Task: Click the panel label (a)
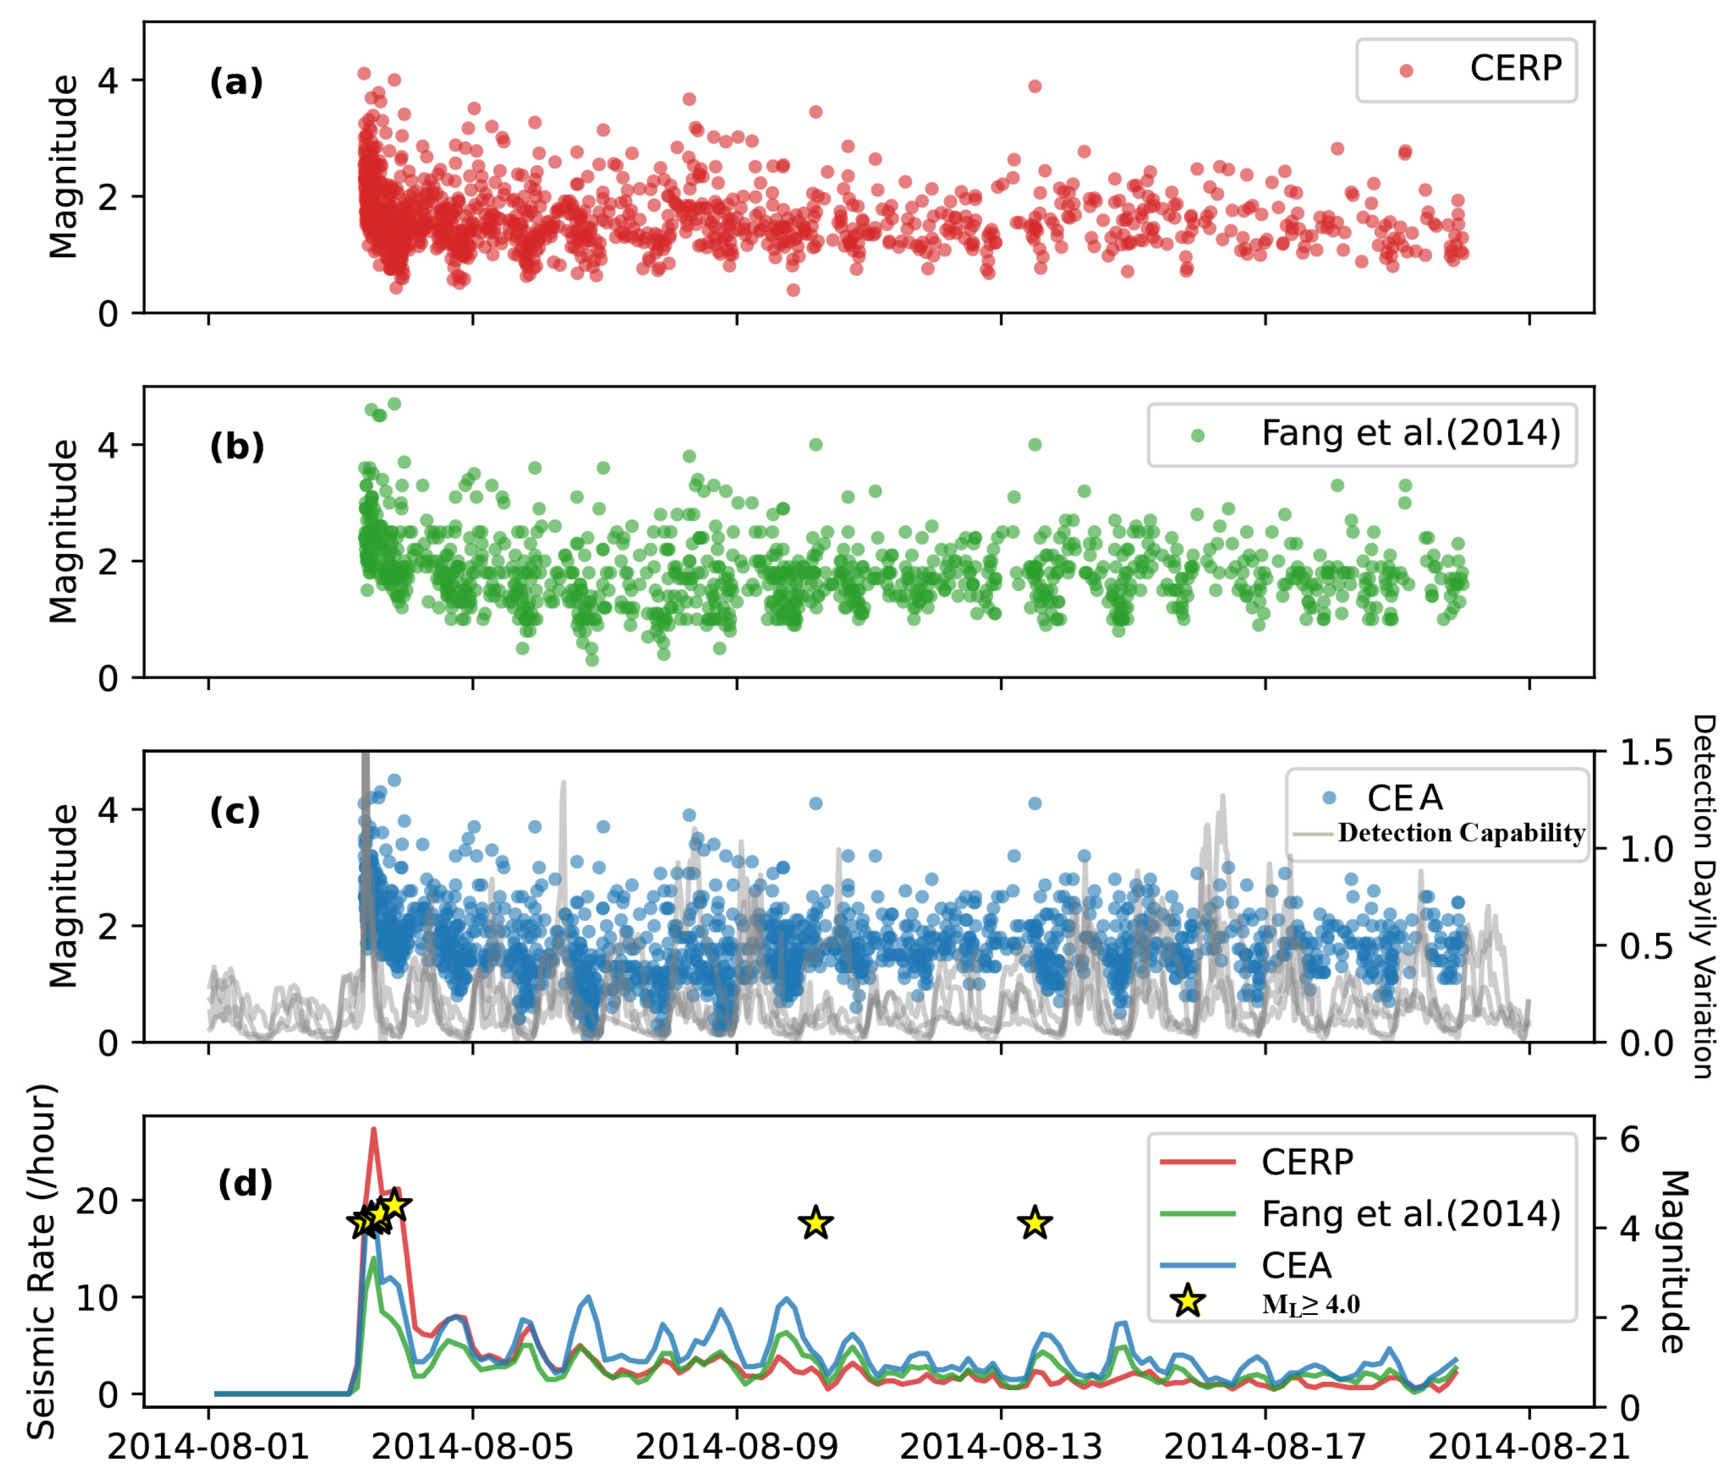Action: coord(236,83)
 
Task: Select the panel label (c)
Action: coord(235,812)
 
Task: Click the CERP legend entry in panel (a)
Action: coord(1515,69)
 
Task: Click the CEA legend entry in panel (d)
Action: coord(1296,1266)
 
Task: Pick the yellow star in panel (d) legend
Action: coord(1188,1303)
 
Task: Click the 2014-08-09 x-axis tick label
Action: coord(736,1446)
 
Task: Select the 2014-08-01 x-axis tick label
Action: coord(209,1446)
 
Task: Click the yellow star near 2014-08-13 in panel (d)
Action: coord(1035,1224)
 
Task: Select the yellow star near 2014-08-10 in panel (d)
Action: coord(816,1224)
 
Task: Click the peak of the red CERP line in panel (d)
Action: coord(374,1129)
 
